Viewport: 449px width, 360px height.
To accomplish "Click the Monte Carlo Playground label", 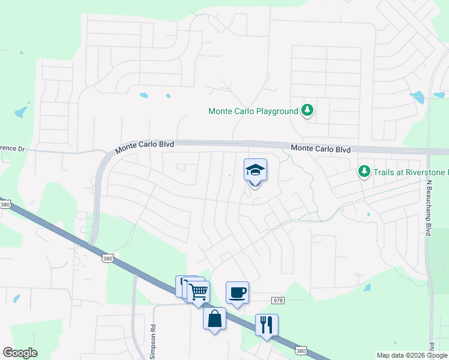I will (x=253, y=112).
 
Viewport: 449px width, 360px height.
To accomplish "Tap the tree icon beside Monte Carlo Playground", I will (x=307, y=110).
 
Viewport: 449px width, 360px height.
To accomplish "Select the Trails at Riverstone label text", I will (x=411, y=172).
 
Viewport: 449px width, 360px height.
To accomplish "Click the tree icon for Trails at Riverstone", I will (x=364, y=172).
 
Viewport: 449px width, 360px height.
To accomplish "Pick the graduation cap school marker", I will (x=255, y=170).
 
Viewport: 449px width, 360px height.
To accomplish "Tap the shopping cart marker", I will (x=199, y=292).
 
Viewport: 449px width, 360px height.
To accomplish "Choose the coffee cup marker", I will (x=237, y=292).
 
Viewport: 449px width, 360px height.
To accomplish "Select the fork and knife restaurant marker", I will (x=266, y=325).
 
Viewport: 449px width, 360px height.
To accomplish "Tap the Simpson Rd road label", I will (x=152, y=342).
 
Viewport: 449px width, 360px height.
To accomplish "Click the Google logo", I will (x=20, y=353).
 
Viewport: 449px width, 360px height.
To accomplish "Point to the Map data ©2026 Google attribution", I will (x=412, y=355).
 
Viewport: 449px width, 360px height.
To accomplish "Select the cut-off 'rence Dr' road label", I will (x=12, y=148).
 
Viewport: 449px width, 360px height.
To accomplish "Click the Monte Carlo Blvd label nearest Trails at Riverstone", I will (x=320, y=149).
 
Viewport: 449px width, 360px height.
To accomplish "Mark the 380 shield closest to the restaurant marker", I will (x=302, y=349).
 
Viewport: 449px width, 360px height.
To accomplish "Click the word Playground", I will (x=277, y=112).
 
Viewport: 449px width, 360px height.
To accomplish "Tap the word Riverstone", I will (x=427, y=172).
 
